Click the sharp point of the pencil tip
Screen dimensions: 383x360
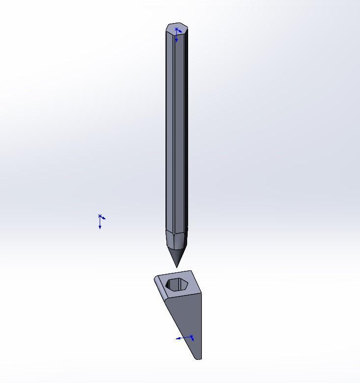(177, 267)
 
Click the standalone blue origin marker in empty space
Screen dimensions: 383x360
(100, 221)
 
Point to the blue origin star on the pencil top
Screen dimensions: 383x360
(177, 30)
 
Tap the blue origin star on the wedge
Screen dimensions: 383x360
(192, 337)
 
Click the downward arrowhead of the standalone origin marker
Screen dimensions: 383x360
(100, 228)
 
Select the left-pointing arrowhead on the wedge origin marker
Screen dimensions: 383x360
(178, 338)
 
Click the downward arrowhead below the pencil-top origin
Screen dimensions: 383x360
(177, 40)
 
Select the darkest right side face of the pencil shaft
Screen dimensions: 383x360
(186, 133)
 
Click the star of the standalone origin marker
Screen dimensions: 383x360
(100, 216)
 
